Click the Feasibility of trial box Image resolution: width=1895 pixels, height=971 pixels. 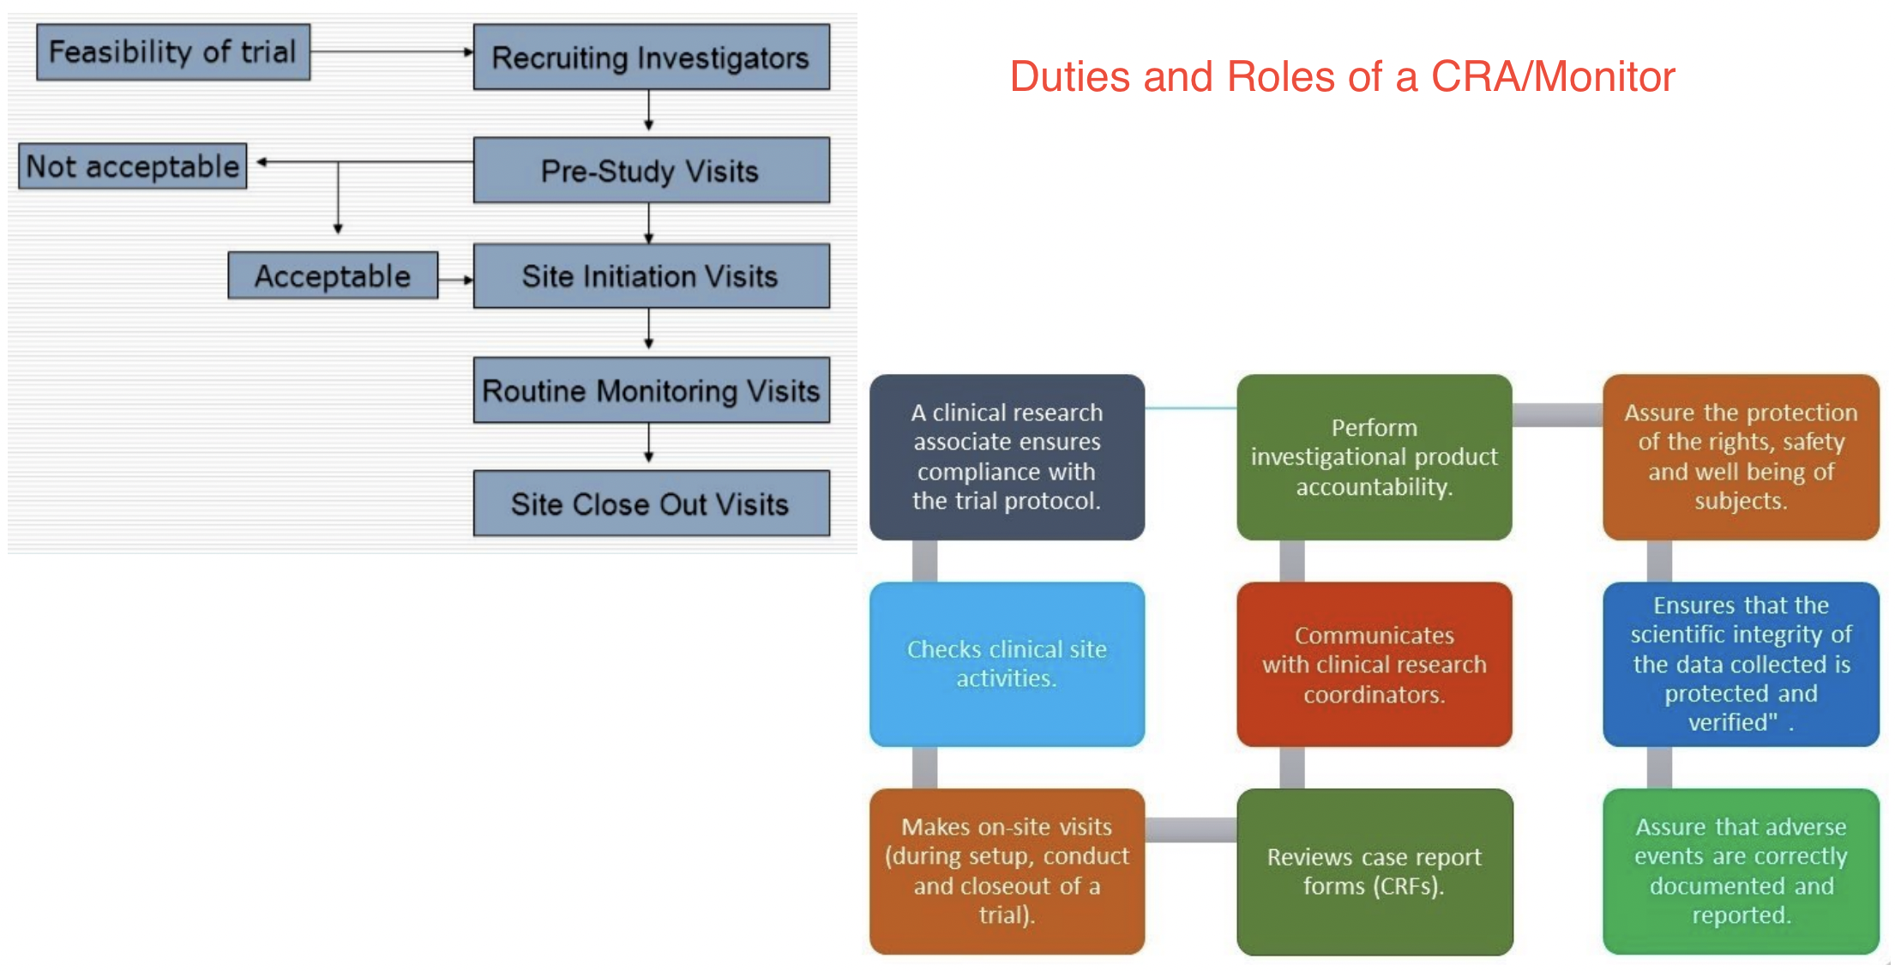172,52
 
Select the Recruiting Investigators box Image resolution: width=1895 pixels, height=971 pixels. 651,57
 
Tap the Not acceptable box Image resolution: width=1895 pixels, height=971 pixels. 133,166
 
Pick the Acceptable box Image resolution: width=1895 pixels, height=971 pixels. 333,276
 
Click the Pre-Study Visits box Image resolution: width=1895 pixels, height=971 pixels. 651,171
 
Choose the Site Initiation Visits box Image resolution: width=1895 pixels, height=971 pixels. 651,276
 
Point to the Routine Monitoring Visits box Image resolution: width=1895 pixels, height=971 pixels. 651,390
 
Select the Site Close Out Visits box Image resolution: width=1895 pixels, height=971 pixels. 651,504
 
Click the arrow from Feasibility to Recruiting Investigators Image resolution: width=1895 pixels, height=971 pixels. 390,52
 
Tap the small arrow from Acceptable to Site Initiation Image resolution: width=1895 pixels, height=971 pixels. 455,280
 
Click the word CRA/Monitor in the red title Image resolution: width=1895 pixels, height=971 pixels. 1553,77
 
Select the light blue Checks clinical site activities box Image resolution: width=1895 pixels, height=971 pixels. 1007,664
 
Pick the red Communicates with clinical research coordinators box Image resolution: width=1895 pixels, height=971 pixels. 1374,664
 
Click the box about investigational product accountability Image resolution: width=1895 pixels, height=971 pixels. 1374,456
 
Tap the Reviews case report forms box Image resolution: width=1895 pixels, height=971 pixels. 1374,871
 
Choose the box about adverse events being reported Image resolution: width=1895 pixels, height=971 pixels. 1741,871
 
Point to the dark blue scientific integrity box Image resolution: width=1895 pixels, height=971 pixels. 1741,664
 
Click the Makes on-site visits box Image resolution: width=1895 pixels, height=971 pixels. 1007,871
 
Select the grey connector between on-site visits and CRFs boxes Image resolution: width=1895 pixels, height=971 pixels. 1191,829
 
